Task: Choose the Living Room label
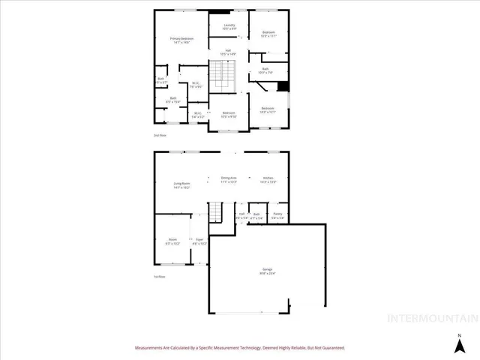[181, 185]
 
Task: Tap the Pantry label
[278, 216]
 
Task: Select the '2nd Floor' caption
[160, 135]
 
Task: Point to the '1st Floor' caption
[159, 277]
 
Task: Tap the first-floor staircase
[216, 211]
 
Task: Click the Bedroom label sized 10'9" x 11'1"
[268, 34]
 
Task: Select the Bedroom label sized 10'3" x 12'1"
[268, 109]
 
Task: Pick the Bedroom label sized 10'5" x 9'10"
[228, 114]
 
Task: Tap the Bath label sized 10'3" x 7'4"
[265, 70]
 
